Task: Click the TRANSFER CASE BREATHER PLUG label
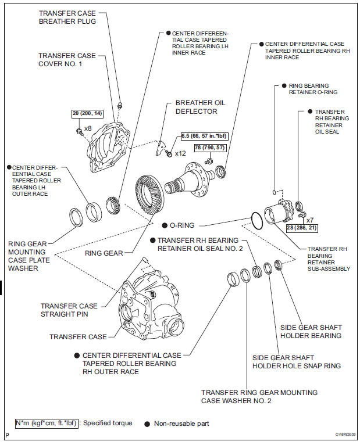click(67, 17)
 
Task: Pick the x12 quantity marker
click(180, 153)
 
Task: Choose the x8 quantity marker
click(88, 128)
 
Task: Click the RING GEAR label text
click(104, 253)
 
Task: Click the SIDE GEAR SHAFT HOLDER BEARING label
click(311, 331)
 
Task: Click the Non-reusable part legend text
click(181, 424)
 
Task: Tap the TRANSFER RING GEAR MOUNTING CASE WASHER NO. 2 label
click(259, 397)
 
